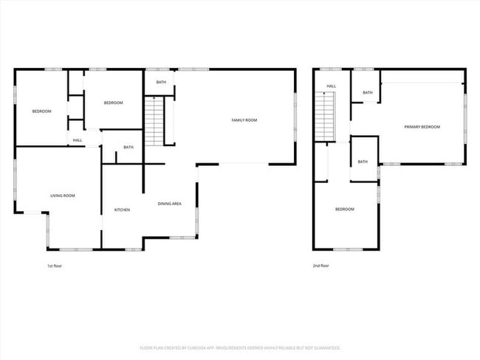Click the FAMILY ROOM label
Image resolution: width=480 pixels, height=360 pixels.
coord(244,120)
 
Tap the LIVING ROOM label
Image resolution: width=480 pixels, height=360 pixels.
coord(63,195)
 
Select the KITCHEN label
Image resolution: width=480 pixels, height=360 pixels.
coord(122,210)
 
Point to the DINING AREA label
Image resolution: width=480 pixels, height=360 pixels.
coord(170,204)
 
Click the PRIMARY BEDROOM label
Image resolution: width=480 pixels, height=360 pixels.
coord(422,127)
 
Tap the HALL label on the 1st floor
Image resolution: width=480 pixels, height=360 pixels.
coord(78,140)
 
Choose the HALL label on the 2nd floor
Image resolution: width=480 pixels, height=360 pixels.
coord(332,86)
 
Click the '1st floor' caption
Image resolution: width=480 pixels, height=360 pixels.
coord(55,266)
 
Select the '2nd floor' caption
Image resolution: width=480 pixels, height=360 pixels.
coord(320,266)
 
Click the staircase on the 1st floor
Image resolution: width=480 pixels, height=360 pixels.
coord(153,120)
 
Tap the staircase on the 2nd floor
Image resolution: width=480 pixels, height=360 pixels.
coord(325,116)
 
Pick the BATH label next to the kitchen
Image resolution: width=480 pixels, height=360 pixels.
coord(128,147)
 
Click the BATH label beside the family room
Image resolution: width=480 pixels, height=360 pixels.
coord(160,82)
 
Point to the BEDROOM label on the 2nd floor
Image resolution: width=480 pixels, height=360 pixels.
coord(345,209)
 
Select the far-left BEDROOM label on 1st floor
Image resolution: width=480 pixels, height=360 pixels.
coord(41,111)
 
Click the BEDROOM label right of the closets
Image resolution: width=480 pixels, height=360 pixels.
coord(113,103)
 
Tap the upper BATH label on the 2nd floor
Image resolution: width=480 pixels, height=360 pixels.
coord(367,92)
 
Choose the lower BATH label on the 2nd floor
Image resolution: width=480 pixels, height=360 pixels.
coord(363,162)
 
